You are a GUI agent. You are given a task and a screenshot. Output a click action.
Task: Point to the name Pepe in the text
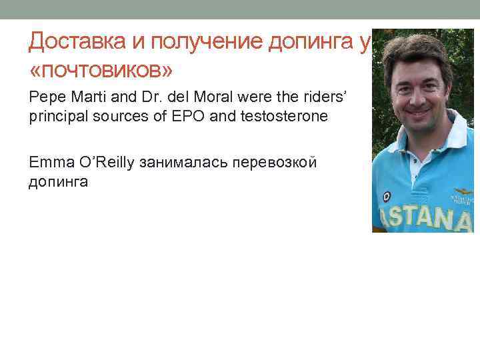coord(43,97)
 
